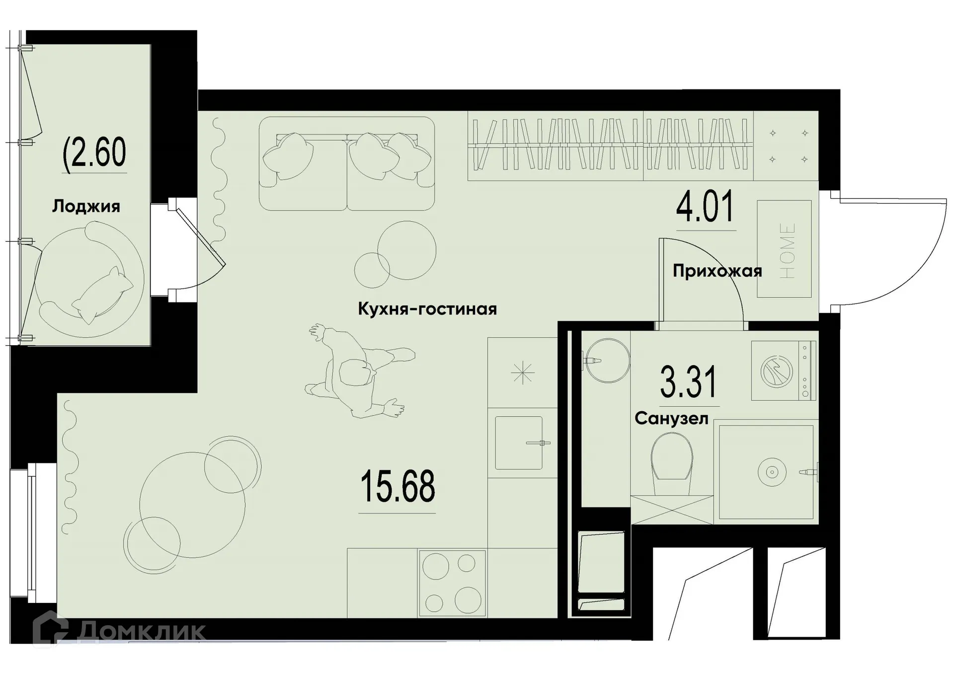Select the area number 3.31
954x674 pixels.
click(x=688, y=382)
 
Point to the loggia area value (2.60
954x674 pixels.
click(x=94, y=152)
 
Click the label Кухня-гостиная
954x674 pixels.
click(x=427, y=309)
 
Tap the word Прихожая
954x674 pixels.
click(x=717, y=271)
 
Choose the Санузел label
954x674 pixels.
click(x=671, y=419)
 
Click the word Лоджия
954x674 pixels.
click(x=86, y=206)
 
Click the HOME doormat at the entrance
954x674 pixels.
click(x=784, y=249)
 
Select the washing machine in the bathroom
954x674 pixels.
click(x=783, y=371)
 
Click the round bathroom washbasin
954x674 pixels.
click(x=607, y=360)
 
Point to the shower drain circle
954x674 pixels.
click(x=771, y=472)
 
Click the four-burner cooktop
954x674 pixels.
click(x=452, y=583)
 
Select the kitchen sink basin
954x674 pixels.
click(x=518, y=443)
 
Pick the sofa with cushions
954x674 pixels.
click(x=346, y=164)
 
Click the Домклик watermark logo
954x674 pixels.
click(x=119, y=631)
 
